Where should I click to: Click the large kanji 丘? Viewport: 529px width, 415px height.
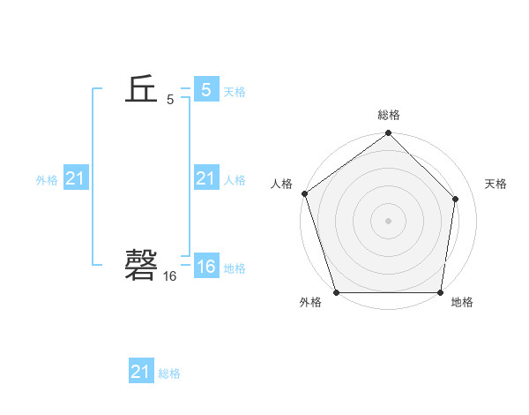point(141,90)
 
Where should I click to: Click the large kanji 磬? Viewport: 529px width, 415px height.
point(141,264)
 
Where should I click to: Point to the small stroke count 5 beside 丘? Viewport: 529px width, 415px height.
point(170,101)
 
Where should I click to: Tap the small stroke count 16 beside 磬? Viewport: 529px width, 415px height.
point(169,276)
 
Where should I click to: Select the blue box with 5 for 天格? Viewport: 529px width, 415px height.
point(205,90)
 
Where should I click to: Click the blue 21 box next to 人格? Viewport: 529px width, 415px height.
point(205,179)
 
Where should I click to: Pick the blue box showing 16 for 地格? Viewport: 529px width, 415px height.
point(205,267)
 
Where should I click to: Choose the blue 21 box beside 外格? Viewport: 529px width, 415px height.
point(75,179)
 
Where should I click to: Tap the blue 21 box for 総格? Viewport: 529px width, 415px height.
point(140,372)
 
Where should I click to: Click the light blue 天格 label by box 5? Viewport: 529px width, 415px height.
point(235,92)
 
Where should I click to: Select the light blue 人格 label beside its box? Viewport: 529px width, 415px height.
point(235,180)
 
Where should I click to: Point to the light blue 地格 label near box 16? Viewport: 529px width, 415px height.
point(235,268)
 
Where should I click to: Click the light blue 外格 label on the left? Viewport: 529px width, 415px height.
point(47,180)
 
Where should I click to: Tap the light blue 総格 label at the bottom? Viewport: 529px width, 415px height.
point(169,373)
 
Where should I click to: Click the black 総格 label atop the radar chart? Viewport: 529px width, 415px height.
point(389,115)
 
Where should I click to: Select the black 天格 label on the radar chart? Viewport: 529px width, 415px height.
point(495,184)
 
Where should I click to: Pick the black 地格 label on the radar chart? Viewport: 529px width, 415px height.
point(462,303)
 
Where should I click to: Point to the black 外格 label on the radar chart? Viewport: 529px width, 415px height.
point(310,303)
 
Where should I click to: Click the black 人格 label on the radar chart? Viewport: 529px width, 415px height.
point(282,184)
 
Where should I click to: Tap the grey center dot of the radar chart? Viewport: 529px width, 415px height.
point(388,220)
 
